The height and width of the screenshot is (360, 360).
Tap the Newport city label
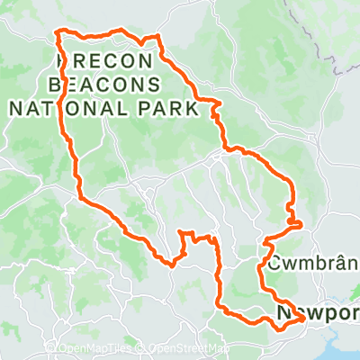click(x=319, y=313)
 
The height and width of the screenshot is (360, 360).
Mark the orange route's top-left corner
click(x=58, y=32)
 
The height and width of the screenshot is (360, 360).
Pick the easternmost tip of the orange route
click(x=300, y=222)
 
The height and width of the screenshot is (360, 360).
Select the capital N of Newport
click(x=284, y=313)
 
